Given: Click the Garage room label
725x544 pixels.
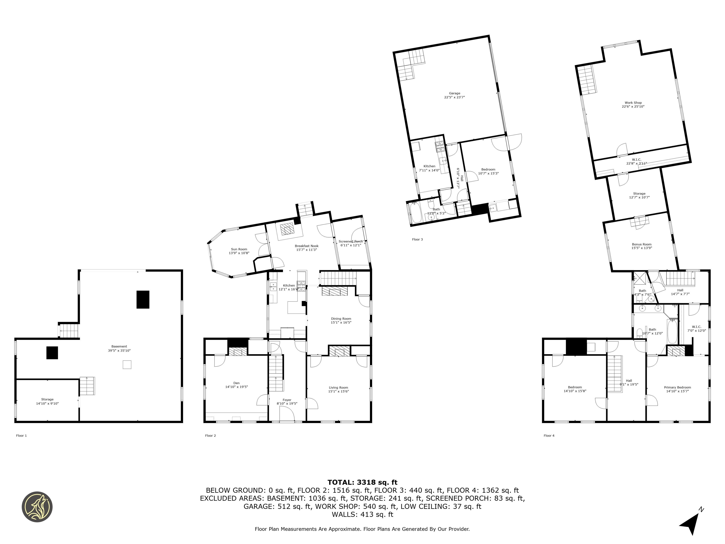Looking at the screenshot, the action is pyautogui.click(x=454, y=93).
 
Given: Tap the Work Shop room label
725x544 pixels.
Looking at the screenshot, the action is pyautogui.click(x=633, y=103).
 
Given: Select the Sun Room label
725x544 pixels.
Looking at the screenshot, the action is pyautogui.click(x=239, y=249).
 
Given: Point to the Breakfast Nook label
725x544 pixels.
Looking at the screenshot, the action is pyautogui.click(x=307, y=246).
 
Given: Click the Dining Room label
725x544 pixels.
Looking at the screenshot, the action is pyautogui.click(x=341, y=319).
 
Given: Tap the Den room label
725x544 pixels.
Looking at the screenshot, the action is pyautogui.click(x=236, y=383).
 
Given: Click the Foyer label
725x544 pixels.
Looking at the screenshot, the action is pyautogui.click(x=287, y=400).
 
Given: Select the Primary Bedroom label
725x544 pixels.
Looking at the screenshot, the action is pyautogui.click(x=678, y=387).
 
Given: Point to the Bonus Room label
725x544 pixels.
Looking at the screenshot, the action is pyautogui.click(x=641, y=244).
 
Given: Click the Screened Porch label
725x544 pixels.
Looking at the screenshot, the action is pyautogui.click(x=350, y=241).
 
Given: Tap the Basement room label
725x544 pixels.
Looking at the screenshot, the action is pyautogui.click(x=119, y=346).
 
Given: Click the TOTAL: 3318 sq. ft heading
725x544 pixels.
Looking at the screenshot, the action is pyautogui.click(x=362, y=482).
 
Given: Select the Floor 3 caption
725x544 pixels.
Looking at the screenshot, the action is pyautogui.click(x=417, y=239).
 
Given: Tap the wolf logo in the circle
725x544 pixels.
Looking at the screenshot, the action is pyautogui.click(x=37, y=507).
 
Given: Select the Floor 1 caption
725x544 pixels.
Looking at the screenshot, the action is pyautogui.click(x=21, y=435).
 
